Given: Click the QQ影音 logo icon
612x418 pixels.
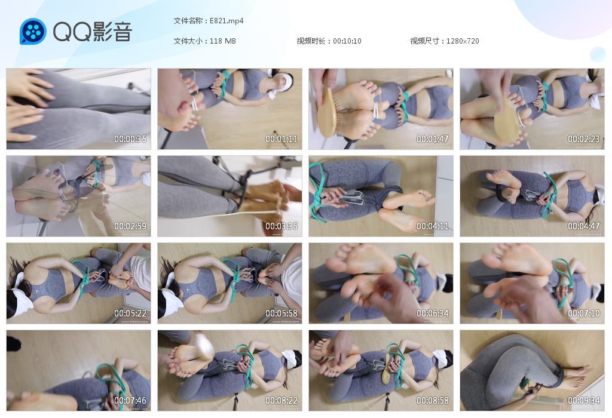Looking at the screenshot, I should [33, 31].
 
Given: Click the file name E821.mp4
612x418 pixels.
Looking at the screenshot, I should [227, 21].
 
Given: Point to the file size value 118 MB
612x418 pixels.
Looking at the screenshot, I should [223, 41].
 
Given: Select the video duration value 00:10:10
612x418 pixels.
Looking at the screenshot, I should [347, 41].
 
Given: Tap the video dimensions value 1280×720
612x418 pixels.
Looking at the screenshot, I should [463, 41].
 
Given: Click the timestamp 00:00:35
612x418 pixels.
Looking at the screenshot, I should [130, 139].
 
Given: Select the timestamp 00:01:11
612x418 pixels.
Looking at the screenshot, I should [281, 139].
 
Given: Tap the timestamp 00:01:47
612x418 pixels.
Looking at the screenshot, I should [433, 139].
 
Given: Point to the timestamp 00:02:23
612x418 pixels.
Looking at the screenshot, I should [584, 139].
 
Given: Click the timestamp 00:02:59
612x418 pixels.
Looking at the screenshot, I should [130, 226].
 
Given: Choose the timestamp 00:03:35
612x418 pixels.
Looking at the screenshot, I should [281, 226].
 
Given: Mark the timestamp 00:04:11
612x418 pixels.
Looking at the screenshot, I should [433, 226].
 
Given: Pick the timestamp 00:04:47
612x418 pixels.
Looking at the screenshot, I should [584, 226].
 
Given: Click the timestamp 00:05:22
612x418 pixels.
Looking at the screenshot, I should [130, 314].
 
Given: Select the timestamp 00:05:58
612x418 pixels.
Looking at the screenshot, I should [281, 314].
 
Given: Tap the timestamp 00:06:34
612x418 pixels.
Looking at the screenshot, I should [433, 314].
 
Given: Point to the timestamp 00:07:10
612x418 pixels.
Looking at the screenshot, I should [584, 314].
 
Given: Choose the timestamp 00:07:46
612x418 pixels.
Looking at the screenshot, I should [130, 401].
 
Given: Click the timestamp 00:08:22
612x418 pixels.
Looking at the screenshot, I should [281, 401].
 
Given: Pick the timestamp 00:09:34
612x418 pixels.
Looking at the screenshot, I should [584, 401].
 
